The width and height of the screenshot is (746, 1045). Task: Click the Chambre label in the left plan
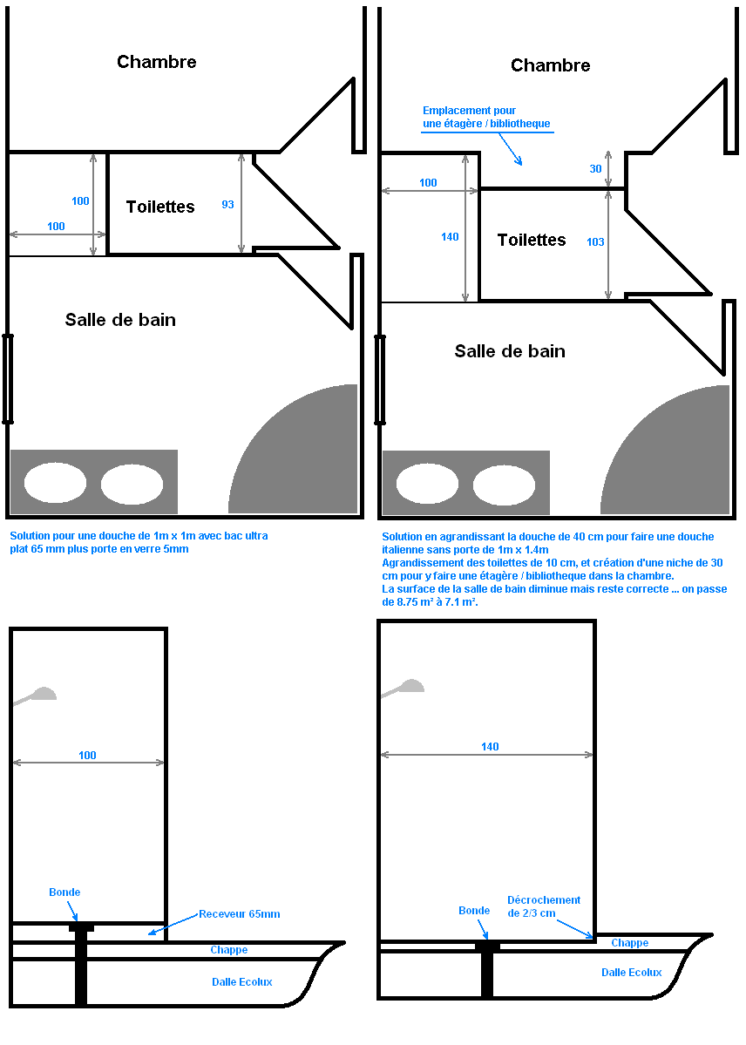[x=157, y=62]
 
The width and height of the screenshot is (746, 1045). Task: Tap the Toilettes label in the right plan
[x=532, y=240]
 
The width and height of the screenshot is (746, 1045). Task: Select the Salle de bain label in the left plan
[x=120, y=320]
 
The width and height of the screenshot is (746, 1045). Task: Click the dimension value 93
[x=227, y=205]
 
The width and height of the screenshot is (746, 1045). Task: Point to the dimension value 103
[x=596, y=242]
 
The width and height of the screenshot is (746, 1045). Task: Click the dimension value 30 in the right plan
[x=596, y=169]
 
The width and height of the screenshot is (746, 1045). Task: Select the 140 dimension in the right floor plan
[x=450, y=237]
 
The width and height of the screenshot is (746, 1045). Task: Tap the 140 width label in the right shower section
[x=490, y=747]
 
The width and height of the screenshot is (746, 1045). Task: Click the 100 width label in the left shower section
[x=87, y=756]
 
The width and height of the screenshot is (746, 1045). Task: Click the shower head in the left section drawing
[x=38, y=695]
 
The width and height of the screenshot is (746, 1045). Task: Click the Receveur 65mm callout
[x=240, y=914]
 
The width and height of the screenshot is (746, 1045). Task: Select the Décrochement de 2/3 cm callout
[x=544, y=906]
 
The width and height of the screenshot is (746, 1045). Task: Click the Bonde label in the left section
[x=64, y=892]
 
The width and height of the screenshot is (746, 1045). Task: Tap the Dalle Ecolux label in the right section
[x=631, y=973]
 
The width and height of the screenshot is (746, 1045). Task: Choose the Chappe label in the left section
[x=229, y=950]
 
